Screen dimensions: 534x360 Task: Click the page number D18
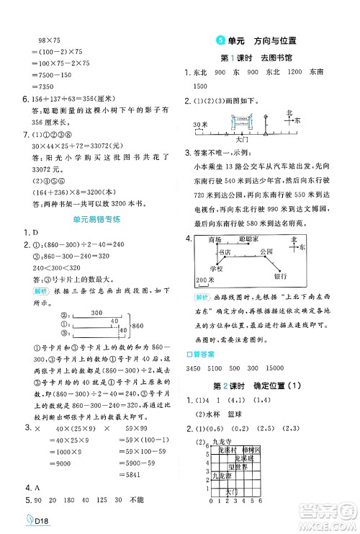click(25, 522)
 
